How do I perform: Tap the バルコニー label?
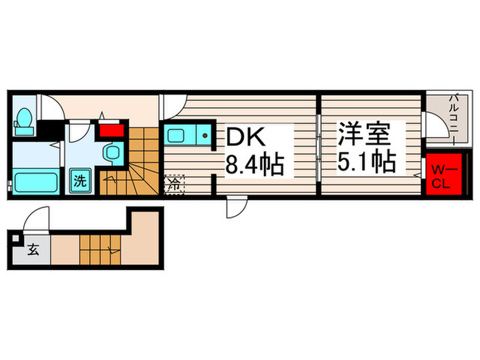(x=455, y=117)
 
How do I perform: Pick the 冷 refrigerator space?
(x=174, y=184)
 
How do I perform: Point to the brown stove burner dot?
(x=204, y=136)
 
